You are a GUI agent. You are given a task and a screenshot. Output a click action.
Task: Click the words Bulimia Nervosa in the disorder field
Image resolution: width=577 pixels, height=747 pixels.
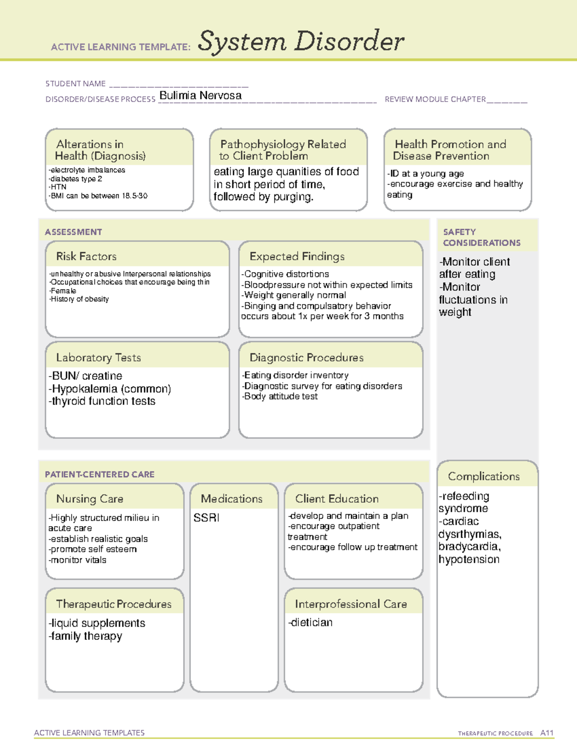(201, 95)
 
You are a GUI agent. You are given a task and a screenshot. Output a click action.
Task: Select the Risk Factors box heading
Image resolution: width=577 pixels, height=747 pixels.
(87, 256)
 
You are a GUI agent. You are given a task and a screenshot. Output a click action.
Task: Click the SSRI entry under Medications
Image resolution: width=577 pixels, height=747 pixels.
(206, 518)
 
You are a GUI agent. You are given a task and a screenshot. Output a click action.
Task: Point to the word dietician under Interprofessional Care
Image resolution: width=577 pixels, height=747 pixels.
(311, 622)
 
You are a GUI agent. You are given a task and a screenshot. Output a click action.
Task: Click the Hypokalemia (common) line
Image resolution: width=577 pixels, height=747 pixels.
(110, 389)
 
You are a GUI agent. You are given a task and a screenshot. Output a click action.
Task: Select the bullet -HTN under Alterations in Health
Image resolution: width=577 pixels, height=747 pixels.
(57, 187)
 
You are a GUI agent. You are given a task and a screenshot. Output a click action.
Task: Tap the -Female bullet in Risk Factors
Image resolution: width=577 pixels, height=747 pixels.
(63, 291)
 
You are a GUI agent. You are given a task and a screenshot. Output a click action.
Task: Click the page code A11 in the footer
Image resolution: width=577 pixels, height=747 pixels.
(547, 733)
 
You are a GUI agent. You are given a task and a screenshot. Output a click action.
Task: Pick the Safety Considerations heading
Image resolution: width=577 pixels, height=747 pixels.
(481, 237)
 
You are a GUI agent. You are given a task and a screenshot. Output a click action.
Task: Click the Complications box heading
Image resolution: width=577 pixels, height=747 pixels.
(484, 476)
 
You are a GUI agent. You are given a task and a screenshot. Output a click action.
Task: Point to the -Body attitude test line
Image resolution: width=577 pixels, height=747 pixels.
(279, 396)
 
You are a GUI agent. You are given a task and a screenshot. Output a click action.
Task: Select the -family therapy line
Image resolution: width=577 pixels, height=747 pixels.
(85, 636)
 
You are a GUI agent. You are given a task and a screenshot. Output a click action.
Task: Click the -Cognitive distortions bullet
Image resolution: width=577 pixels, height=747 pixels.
(285, 274)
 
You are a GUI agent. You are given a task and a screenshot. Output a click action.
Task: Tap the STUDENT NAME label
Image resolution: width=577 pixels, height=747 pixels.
(75, 84)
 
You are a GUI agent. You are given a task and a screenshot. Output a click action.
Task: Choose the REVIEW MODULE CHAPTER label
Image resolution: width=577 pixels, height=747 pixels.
(435, 99)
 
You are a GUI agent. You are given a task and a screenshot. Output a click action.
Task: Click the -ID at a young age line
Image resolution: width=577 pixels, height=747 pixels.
(426, 174)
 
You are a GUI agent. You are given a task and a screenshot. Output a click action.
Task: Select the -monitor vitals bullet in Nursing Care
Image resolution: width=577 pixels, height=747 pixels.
(77, 560)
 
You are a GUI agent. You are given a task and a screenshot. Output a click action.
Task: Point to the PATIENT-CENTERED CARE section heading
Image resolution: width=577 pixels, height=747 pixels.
(100, 474)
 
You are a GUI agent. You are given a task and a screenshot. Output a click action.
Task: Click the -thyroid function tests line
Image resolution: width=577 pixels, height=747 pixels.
(102, 401)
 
